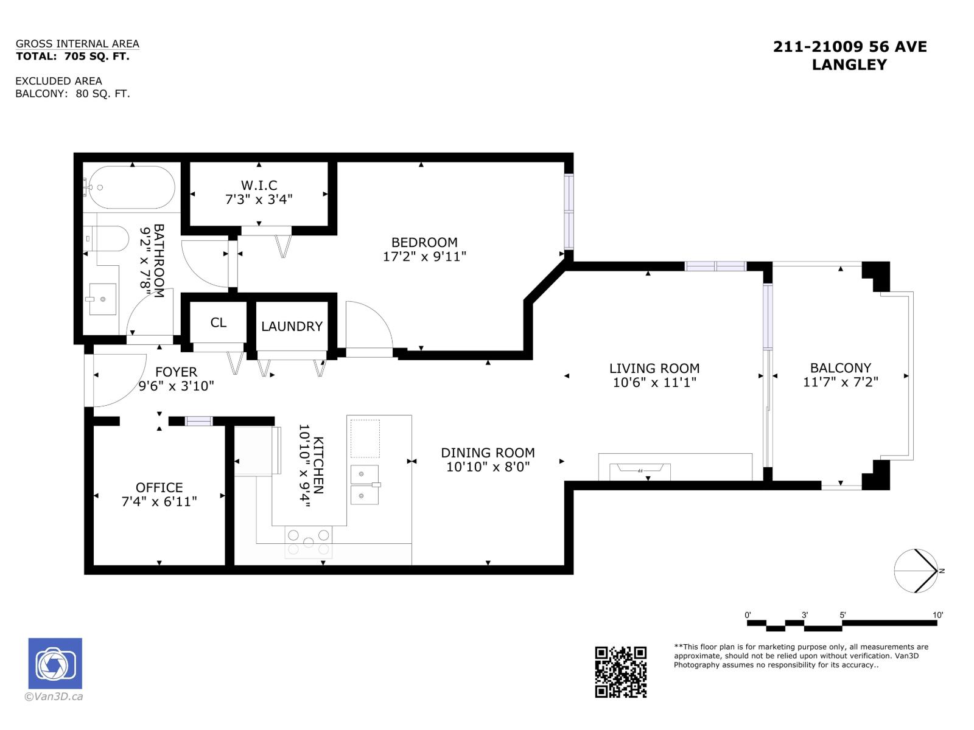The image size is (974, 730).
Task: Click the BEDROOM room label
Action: (424, 243)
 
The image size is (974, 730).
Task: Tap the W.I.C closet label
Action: (259, 185)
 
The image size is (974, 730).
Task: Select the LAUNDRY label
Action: (292, 326)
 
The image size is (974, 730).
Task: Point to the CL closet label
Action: (218, 322)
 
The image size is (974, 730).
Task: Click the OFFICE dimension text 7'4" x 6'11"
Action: (159, 501)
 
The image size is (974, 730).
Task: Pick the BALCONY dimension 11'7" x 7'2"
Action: (840, 381)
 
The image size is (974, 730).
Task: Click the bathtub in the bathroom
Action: (131, 187)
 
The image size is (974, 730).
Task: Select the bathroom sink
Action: (102, 299)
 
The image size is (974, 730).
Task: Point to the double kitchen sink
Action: (364, 484)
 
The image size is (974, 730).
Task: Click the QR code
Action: (620, 672)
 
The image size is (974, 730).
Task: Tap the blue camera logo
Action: (55, 663)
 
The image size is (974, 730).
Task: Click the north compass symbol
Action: (916, 571)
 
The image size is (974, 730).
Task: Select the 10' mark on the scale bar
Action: (937, 615)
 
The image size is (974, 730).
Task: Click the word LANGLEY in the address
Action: (849, 64)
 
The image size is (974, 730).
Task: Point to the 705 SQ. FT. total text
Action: (97, 57)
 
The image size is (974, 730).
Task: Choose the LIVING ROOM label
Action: (654, 368)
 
